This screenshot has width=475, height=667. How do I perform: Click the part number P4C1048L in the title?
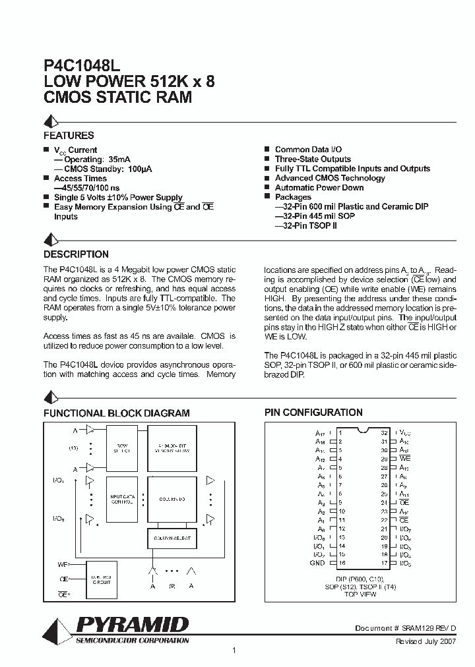click(x=82, y=67)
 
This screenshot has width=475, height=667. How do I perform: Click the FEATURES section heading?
click(x=69, y=136)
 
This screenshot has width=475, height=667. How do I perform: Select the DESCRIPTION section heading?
click(x=76, y=254)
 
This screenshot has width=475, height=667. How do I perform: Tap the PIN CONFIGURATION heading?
click(x=313, y=413)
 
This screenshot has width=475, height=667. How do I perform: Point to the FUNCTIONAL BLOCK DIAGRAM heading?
click(x=117, y=413)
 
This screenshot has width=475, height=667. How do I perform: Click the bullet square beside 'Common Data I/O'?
click(x=267, y=150)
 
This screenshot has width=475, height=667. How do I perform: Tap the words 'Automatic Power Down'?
click(x=319, y=188)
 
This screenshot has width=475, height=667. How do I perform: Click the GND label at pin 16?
click(x=317, y=563)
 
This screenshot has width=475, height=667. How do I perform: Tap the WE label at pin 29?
click(x=405, y=458)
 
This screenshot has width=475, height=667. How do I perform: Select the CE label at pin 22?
click(x=404, y=519)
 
